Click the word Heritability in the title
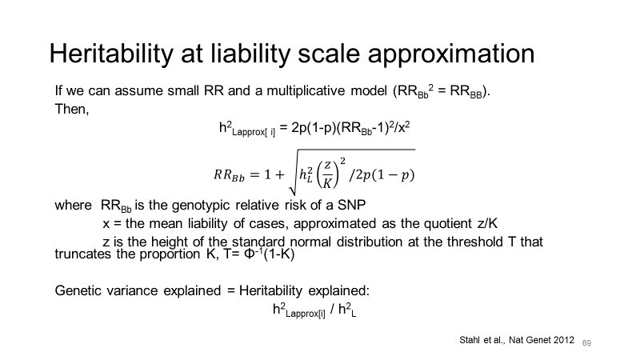pos(111,54)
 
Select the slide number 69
pos(586,343)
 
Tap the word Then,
pos(72,109)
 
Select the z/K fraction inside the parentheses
pos(327,174)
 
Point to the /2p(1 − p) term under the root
pos(382,174)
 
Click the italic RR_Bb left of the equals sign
pos(229,175)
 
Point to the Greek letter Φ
pos(250,254)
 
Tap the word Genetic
pos(78,290)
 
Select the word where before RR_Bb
pos(73,205)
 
